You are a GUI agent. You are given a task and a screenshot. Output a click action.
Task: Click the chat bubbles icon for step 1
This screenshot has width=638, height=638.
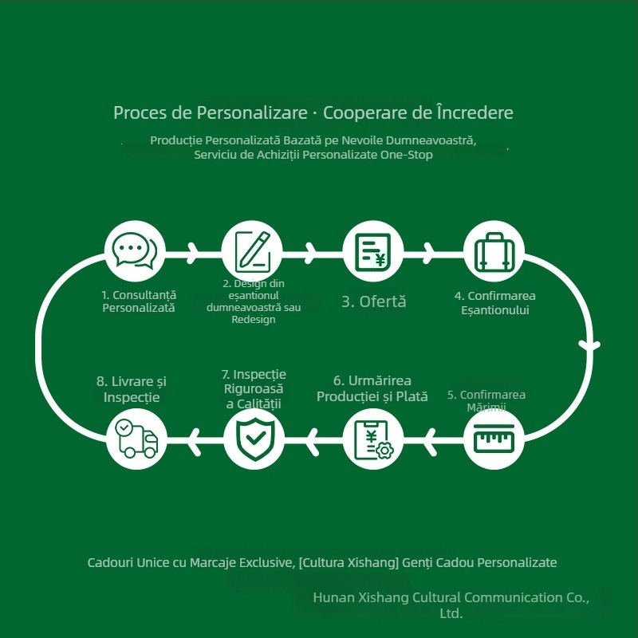pos(135,251)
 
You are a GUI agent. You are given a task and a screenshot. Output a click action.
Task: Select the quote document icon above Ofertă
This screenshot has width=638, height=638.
pos(372,252)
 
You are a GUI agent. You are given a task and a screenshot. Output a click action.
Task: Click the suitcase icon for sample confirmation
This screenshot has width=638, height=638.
pos(494,252)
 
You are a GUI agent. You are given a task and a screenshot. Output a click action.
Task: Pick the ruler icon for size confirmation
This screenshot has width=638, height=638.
pos(494,438)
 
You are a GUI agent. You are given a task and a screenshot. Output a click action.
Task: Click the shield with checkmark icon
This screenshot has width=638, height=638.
pos(255,439)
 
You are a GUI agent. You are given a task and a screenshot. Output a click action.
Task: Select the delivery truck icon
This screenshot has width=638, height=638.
pos(136,439)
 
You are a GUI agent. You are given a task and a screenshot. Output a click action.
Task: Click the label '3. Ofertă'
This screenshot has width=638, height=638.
pos(373,301)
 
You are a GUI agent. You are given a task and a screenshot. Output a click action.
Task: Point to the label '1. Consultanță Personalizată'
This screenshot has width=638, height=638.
pos(139,301)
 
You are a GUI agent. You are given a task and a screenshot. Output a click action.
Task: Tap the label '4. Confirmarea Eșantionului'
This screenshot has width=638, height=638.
pos(494,303)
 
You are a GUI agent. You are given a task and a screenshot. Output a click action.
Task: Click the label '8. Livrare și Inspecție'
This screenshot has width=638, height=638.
pos(132,389)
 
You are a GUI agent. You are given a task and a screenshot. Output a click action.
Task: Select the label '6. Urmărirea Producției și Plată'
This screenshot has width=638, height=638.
pos(372,388)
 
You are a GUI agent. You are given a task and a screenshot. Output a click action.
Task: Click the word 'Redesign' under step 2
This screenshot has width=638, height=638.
pos(254,320)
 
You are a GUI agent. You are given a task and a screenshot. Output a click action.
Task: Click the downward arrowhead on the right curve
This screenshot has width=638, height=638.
pos(589,346)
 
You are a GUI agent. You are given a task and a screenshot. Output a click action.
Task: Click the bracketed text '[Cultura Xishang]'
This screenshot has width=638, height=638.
pos(349,562)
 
